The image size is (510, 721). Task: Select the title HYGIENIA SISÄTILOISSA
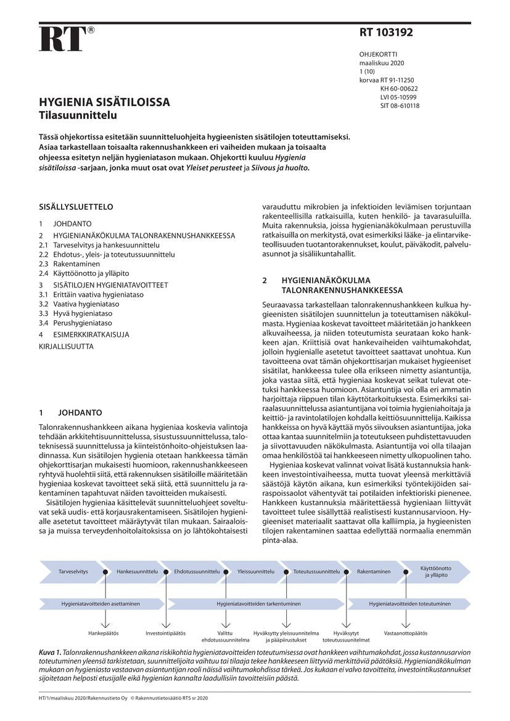coord(104,102)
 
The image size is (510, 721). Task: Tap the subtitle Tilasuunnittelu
coord(78,114)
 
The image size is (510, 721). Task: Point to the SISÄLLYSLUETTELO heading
coord(76,207)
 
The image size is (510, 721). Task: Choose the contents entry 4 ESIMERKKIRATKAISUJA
coord(84,334)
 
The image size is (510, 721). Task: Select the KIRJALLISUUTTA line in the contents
coord(67,347)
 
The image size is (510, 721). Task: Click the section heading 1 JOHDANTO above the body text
coord(70,413)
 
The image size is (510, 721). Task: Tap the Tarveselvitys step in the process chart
coord(73,571)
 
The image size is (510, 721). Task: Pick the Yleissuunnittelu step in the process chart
coord(255,571)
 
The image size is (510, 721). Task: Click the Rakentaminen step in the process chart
coord(374,571)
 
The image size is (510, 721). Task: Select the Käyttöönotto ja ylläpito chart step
coord(435,571)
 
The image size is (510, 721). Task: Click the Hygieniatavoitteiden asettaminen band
coord(101,603)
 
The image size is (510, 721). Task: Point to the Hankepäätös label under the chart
coord(104,633)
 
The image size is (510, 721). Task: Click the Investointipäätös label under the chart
coord(165,633)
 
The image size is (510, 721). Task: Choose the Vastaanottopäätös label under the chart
coord(405,633)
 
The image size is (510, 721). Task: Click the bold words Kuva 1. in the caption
coord(50,651)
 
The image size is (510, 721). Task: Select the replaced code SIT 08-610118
coord(400,105)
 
